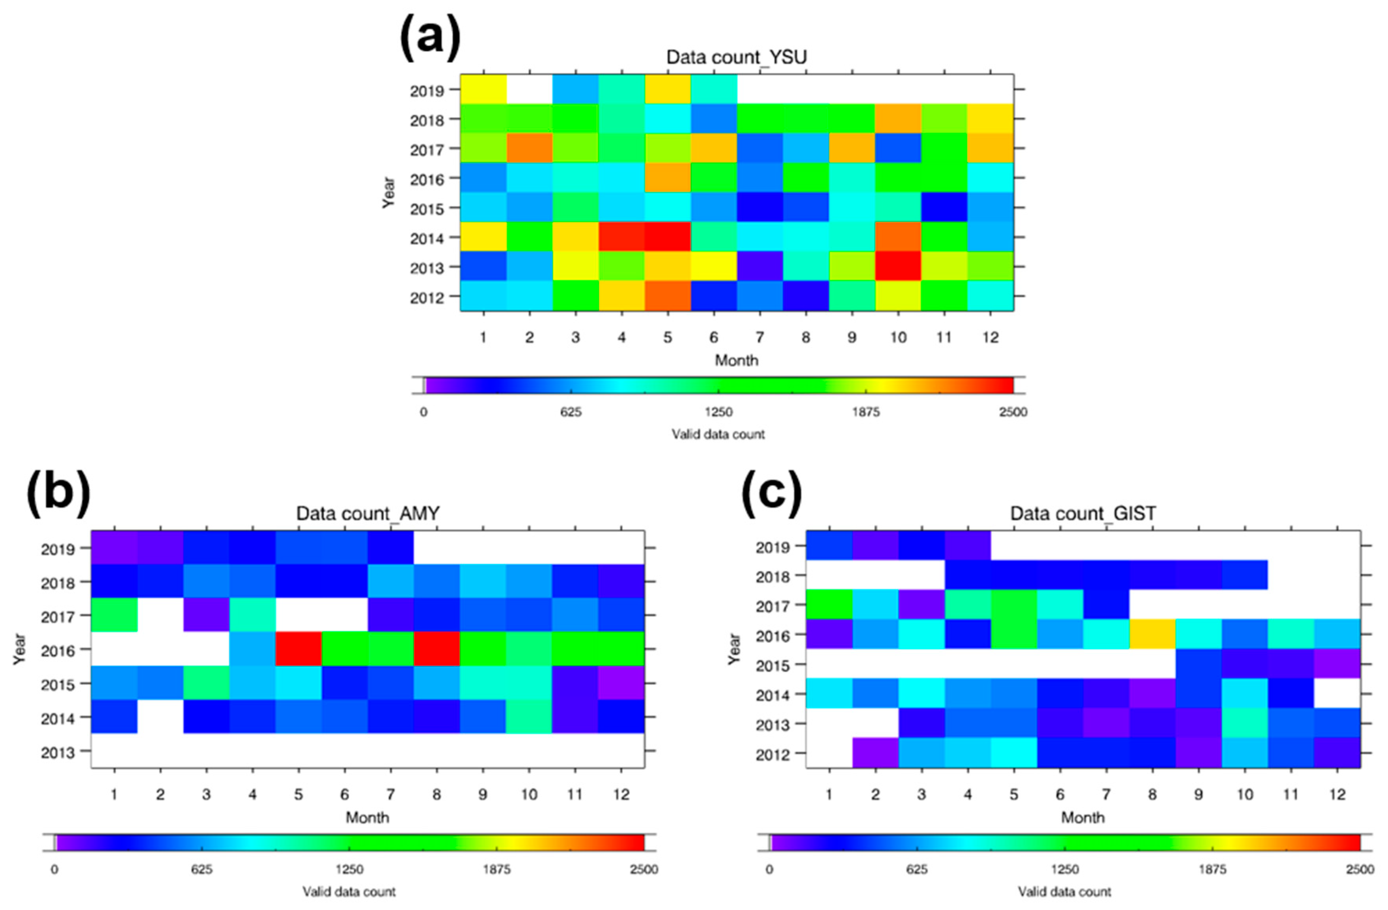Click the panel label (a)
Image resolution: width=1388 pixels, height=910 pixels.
(x=430, y=38)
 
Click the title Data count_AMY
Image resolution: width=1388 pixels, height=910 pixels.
(x=368, y=513)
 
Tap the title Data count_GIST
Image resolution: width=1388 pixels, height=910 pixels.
(x=1082, y=513)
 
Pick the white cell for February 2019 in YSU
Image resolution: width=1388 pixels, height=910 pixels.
(x=529, y=89)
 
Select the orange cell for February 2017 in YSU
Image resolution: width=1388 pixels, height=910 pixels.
(x=529, y=148)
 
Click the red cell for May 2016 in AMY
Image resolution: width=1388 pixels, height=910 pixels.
(x=298, y=648)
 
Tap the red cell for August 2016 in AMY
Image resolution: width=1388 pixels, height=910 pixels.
(x=437, y=648)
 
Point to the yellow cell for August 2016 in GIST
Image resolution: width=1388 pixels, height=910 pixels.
(x=1152, y=633)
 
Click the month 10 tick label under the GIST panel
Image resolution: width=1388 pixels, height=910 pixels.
(x=1244, y=794)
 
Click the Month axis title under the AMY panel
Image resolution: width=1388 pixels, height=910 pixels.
(x=368, y=817)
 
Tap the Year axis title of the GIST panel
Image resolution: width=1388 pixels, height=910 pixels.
(x=734, y=648)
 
